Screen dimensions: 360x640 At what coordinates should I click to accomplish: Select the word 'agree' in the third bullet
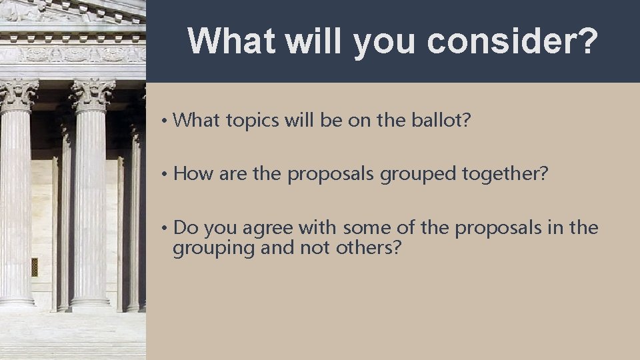click(268, 228)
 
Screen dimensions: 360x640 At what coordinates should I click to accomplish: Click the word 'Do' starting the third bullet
click(186, 228)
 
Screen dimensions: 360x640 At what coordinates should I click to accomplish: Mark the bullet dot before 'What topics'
click(163, 121)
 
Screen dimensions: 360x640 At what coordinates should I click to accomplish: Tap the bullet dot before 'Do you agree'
click(163, 229)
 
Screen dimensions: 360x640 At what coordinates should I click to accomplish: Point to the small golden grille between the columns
click(35, 267)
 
